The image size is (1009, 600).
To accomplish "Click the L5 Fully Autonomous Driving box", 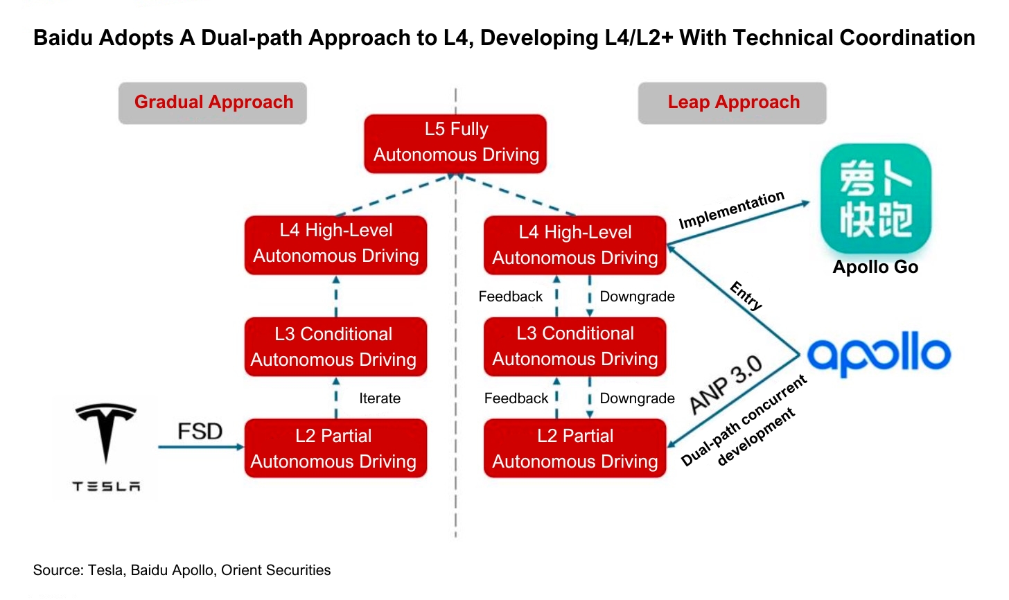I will point(455,143).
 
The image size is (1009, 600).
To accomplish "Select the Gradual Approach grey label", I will point(213,103).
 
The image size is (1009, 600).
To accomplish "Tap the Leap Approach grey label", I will point(732,103).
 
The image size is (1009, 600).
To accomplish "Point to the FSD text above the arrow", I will point(200,432).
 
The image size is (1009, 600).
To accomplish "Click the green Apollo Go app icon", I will point(875,199).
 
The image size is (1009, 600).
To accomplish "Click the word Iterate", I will point(380,398).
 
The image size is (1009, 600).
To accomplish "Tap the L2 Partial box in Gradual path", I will point(335,448).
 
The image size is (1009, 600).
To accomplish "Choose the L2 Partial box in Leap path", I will point(574,448).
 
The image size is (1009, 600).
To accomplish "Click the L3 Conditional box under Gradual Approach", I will point(335,346).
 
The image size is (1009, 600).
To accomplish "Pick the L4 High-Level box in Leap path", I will point(574,245).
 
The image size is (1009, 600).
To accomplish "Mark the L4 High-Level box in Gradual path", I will point(335,244).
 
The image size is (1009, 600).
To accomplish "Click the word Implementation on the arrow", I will point(731,210).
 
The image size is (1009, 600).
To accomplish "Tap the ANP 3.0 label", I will point(726,385).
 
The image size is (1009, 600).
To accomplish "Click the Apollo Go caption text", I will point(875,267).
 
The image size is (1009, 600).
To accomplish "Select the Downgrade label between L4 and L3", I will point(637,297).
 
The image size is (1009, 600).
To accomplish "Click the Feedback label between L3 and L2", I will point(516,398).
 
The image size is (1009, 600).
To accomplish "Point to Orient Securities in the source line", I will point(276,570).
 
